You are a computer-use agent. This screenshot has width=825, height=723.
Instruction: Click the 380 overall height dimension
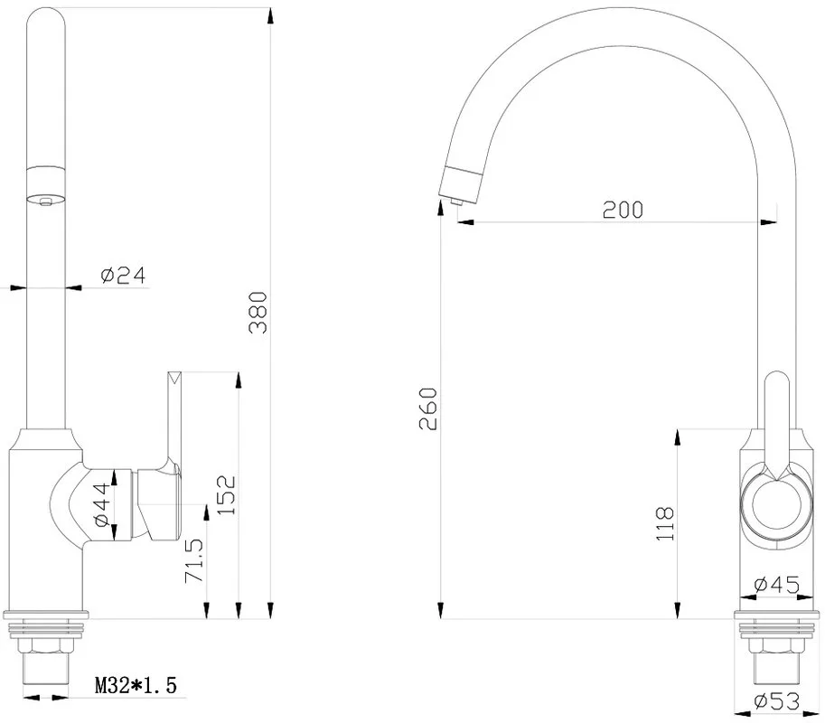(258, 313)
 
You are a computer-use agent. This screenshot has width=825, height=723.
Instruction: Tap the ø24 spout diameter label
(123, 276)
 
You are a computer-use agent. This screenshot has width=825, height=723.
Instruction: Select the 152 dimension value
(228, 495)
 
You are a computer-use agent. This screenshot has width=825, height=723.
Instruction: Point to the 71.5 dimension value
(194, 560)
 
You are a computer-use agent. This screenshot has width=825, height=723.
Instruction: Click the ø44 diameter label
(102, 504)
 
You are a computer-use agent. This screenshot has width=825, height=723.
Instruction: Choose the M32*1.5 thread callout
(136, 685)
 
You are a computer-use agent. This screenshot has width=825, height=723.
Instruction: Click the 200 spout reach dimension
(623, 210)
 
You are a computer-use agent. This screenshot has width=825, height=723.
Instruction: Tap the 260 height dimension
(428, 408)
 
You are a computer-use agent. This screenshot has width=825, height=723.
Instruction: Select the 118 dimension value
(665, 523)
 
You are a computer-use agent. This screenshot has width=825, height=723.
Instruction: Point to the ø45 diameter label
(776, 585)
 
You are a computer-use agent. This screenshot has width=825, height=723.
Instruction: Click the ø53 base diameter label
(776, 701)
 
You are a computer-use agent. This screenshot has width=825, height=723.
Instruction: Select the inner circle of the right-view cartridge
(776, 504)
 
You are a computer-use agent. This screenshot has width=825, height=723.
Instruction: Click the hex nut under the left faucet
(46, 647)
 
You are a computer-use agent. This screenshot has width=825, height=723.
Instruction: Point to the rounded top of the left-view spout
(46, 18)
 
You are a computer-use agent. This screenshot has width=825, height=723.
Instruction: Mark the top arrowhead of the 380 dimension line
(270, 15)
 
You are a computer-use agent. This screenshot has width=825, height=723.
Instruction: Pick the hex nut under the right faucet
(776, 647)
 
